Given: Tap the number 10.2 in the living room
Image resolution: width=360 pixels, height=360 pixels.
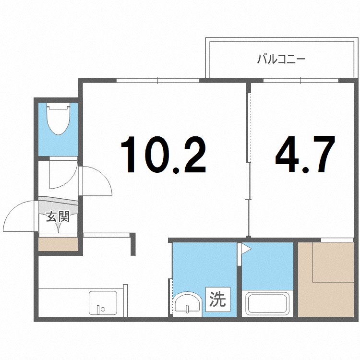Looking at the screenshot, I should pyautogui.click(x=163, y=155).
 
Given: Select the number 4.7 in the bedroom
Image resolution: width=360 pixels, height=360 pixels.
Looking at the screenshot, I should pyautogui.click(x=304, y=155).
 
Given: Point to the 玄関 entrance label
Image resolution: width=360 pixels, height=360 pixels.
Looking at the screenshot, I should pyautogui.click(x=58, y=217).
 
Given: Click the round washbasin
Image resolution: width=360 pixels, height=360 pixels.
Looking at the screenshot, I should pyautogui.click(x=187, y=303).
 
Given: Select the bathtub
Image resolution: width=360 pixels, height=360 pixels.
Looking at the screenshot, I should pyautogui.click(x=267, y=303).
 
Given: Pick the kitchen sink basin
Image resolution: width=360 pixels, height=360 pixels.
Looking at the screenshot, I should pyautogui.click(x=102, y=302).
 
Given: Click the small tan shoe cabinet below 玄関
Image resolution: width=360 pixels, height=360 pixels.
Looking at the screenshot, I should pyautogui.click(x=58, y=244).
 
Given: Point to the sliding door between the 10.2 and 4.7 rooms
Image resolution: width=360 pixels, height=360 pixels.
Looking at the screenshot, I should pyautogui.click(x=249, y=202).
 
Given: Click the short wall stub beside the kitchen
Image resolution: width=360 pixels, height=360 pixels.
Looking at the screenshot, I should pyautogui.click(x=133, y=244).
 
